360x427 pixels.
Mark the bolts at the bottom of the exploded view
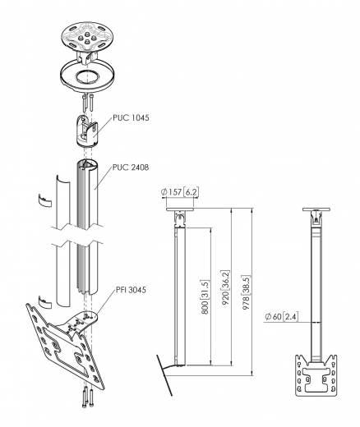coord(88,400)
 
